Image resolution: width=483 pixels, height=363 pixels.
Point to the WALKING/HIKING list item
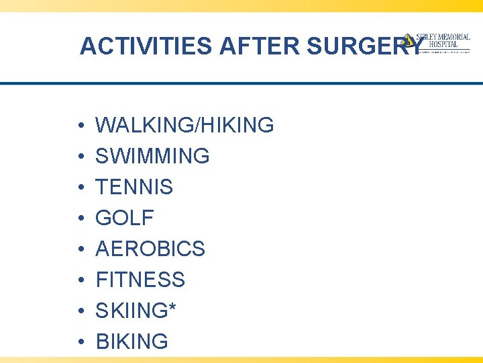(x=184, y=125)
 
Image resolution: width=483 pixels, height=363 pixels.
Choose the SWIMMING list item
(x=152, y=156)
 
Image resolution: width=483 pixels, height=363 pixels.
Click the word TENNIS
(x=134, y=187)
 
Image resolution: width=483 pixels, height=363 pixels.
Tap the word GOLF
(x=125, y=218)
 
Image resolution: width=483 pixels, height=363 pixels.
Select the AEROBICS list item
(x=150, y=249)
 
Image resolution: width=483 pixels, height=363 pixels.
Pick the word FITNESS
(x=140, y=280)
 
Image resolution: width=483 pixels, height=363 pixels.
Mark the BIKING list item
(x=132, y=341)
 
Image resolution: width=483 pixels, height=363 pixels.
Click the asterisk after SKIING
(x=174, y=307)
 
